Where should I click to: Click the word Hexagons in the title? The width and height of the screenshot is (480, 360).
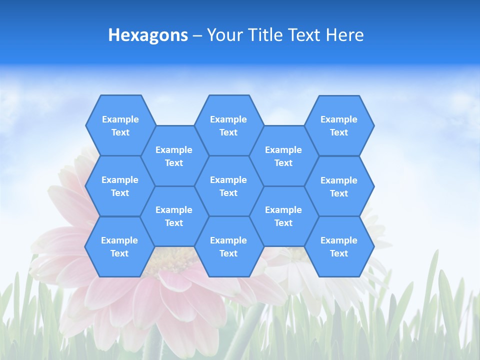tap(148, 35)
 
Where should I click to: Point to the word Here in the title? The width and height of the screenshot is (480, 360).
tap(345, 35)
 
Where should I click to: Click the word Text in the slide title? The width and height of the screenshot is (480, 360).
tap(305, 35)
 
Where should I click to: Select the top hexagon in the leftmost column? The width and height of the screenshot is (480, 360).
tap(120, 125)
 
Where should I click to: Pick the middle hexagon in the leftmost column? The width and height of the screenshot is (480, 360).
tap(120, 186)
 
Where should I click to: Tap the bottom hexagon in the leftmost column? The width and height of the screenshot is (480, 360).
tap(119, 246)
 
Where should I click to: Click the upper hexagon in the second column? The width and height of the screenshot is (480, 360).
tap(174, 156)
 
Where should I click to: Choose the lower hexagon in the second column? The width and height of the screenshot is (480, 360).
tap(174, 216)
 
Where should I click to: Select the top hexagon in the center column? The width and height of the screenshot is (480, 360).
tap(228, 125)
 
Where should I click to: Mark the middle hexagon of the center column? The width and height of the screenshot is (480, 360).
tap(228, 186)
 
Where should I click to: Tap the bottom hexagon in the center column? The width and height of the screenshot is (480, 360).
tap(228, 246)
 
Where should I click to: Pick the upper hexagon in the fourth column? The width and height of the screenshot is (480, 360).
tap(283, 156)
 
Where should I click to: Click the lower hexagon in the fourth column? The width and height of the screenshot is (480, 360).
tap(283, 216)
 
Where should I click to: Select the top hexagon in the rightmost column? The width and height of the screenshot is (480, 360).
tap(339, 125)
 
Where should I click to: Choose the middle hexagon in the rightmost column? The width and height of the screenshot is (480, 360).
tap(339, 186)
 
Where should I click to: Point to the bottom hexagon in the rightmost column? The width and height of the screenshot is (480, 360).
tap(339, 246)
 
